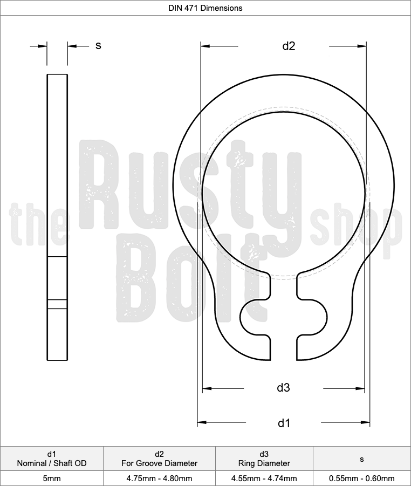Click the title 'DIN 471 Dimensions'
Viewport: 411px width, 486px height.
coord(205,8)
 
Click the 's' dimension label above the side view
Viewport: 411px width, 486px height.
coord(98,45)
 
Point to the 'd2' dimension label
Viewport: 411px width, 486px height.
coord(289,46)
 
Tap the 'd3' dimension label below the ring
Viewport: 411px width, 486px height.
coord(283,387)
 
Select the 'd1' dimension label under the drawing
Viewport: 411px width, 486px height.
coord(283,422)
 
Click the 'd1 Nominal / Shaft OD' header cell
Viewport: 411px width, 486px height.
coord(52,458)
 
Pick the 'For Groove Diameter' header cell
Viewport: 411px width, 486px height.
coord(159,458)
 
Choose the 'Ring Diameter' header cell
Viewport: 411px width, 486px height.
coord(264,458)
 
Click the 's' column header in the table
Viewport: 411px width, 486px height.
coord(362,459)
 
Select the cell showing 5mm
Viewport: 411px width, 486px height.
coord(52,478)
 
